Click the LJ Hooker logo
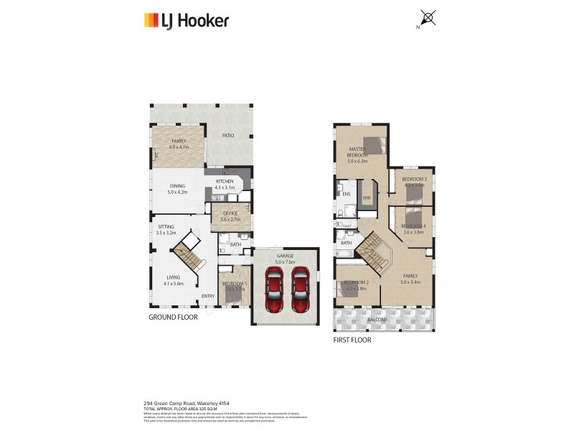point(186,20)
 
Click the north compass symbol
point(428,18)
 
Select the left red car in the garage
point(274,289)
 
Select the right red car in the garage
point(301,289)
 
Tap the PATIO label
point(228,135)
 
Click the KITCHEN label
point(225,182)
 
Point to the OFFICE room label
point(230,213)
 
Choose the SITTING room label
point(166,227)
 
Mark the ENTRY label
point(208,296)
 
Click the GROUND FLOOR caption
point(173,317)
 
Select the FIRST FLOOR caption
point(352,340)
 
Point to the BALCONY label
point(377,320)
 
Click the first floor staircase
point(372,252)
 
